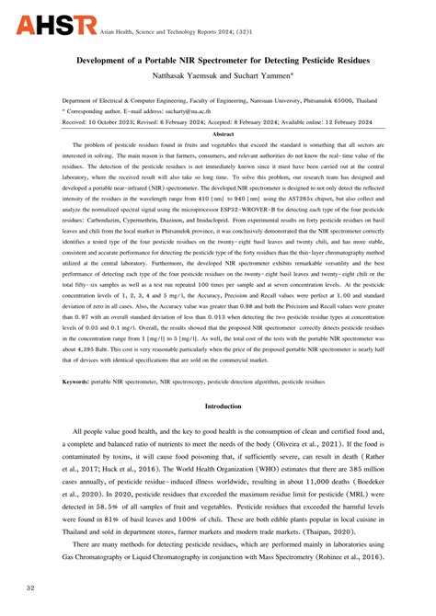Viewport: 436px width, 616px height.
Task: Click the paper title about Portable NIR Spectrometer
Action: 218,59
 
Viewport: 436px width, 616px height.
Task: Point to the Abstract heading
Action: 217,134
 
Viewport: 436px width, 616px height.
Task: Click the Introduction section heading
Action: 217,430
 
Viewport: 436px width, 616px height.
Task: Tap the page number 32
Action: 30,588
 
